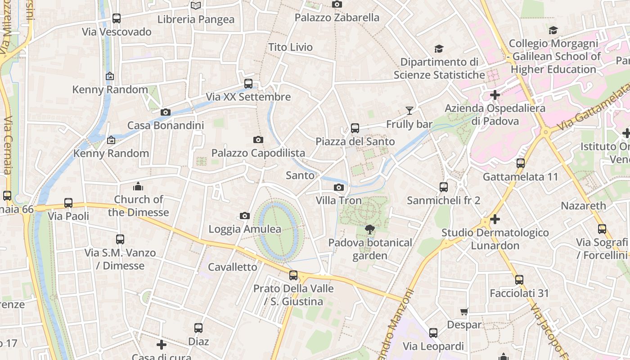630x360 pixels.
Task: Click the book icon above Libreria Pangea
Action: [195, 5]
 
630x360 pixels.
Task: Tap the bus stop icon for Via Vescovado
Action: [117, 18]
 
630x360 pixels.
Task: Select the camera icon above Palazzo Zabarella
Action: [337, 4]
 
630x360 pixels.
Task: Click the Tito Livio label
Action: [290, 47]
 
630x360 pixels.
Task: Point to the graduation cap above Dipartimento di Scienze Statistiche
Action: [439, 49]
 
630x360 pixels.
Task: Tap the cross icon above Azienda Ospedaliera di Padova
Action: [495, 95]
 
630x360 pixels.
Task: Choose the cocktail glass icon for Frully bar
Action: [409, 111]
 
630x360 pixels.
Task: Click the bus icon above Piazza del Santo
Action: [355, 128]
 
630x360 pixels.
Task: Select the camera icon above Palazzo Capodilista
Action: [258, 140]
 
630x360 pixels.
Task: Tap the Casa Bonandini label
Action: [166, 126]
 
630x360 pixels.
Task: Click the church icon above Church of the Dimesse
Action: [138, 186]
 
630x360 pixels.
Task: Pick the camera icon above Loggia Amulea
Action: [245, 216]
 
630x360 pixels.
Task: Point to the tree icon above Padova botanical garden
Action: [369, 229]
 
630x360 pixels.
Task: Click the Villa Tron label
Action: [338, 200]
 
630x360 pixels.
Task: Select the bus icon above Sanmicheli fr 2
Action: [444, 187]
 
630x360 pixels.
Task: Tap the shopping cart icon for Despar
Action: [464, 311]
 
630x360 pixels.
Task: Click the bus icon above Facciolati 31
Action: [519, 280]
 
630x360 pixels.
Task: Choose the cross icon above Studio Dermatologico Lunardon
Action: [495, 219]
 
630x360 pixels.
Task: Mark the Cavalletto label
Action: [233, 267]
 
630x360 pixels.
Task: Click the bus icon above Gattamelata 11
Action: [521, 163]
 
